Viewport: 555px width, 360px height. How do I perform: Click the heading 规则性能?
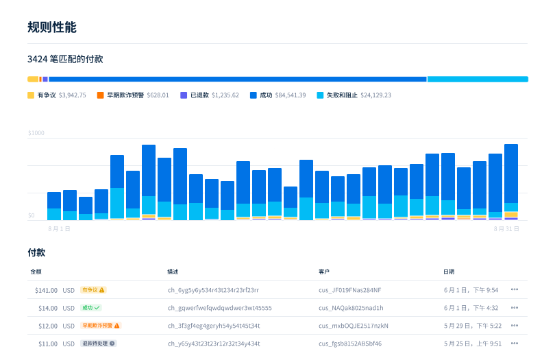pos(52,27)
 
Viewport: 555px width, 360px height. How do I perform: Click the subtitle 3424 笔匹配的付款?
pos(65,60)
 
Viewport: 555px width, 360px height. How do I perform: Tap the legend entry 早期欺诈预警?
pos(123,95)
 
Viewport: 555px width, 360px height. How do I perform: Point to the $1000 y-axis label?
pos(36,133)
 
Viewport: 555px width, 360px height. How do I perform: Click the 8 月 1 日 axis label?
pos(60,228)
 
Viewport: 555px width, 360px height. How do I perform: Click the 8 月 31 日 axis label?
pos(506,228)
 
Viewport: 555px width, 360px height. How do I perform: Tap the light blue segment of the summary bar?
pos(478,80)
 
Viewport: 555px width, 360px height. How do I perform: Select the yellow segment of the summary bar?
pos(33,80)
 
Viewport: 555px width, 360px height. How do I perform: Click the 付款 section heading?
pos(36,252)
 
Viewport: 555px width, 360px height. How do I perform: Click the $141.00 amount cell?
pos(47,290)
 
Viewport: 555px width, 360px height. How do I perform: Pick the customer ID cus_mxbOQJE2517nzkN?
pos(354,326)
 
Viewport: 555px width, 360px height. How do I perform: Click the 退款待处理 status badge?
pos(98,344)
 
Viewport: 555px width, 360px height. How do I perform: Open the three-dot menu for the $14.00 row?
pos(514,308)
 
